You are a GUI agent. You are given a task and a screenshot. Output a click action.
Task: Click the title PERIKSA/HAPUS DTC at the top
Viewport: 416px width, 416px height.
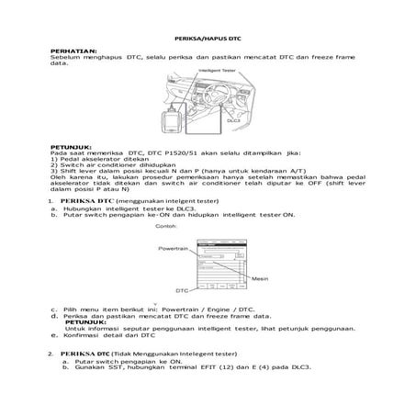coord(208,39)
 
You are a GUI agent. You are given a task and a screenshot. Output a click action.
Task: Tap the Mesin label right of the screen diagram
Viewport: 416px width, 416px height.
coord(260,278)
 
